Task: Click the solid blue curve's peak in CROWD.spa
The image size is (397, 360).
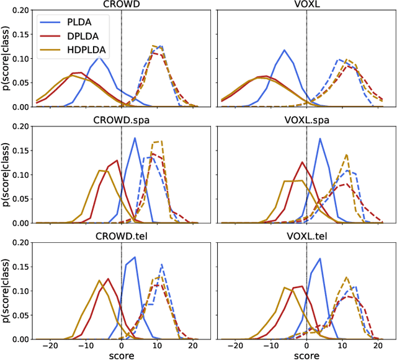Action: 135,138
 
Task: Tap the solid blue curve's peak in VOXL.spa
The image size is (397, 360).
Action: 320,138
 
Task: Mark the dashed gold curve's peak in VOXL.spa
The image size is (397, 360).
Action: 346,155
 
